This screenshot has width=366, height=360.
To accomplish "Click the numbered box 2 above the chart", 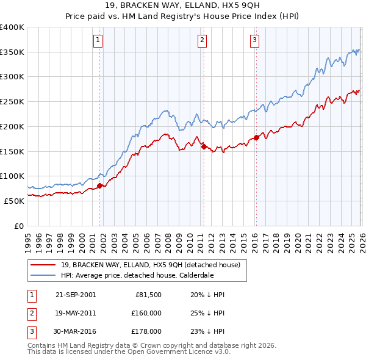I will click(x=203, y=40).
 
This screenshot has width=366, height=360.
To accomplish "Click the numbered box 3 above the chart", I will click(x=254, y=40).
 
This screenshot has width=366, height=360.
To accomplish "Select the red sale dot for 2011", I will click(x=203, y=146).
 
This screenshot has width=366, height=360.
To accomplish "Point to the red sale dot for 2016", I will click(x=256, y=137).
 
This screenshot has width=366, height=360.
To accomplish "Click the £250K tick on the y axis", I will click(x=12, y=102).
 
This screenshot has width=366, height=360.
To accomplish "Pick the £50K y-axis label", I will click(x=14, y=201).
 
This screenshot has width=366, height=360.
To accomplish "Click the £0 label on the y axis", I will click(x=18, y=226).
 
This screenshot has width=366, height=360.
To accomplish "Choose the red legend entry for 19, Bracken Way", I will click(x=151, y=265).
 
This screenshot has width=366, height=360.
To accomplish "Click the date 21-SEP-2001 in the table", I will click(x=75, y=295).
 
